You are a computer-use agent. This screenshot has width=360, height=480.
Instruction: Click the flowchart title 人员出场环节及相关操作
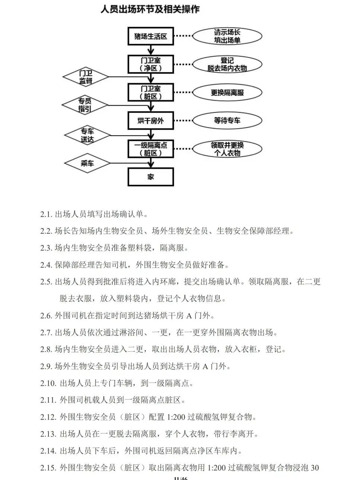point(150,9)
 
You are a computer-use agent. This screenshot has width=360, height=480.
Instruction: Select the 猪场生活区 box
point(151,37)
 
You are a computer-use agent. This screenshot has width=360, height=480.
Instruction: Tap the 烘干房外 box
point(151,121)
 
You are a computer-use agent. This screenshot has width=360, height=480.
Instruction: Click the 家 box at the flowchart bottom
point(151,177)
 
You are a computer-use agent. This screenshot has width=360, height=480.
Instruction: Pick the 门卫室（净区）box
point(151,64)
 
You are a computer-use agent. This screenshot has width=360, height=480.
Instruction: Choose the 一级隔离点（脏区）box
point(151,149)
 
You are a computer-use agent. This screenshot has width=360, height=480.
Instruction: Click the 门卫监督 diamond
point(86,77)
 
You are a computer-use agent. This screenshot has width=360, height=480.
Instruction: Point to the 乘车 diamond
point(87,163)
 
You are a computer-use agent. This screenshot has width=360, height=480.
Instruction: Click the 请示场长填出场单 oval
point(227,37)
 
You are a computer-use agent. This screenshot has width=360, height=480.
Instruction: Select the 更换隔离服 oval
point(227,92)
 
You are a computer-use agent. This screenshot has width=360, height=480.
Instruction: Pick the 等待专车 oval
point(227,121)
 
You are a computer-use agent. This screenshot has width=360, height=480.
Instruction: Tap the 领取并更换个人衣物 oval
point(227,149)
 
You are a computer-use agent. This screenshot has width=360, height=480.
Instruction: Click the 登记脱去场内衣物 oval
point(227,64)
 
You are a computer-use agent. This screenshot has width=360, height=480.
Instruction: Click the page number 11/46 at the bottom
point(181,478)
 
